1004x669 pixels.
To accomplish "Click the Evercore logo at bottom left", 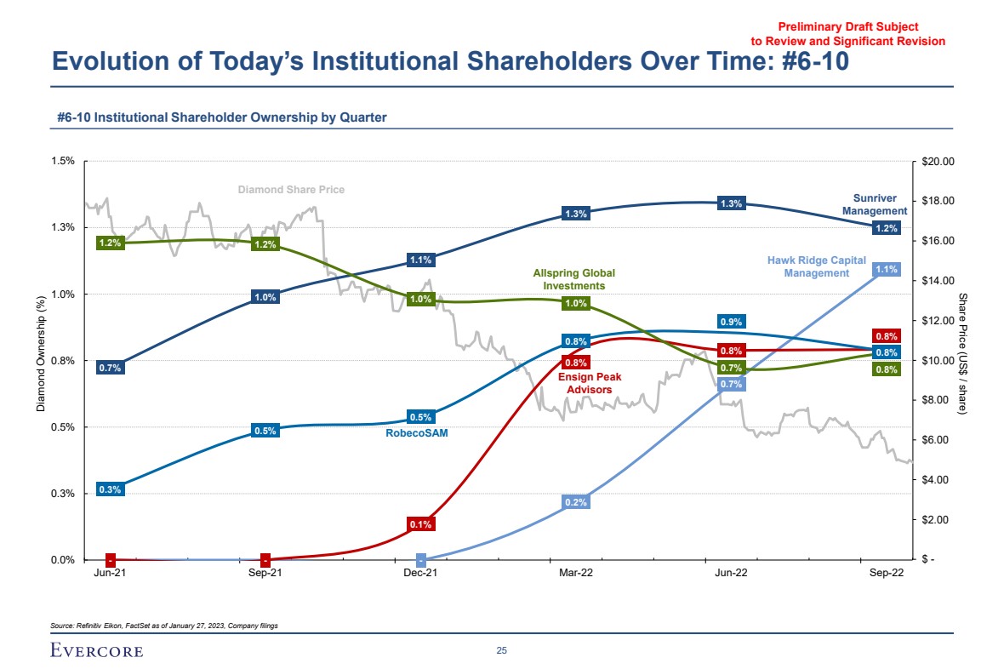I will (x=97, y=651).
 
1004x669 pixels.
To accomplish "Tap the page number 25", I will (x=502, y=651).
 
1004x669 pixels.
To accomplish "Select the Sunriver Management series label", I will (x=875, y=204).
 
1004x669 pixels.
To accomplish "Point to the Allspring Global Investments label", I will (x=573, y=279).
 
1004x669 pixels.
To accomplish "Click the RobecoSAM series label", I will (x=417, y=433).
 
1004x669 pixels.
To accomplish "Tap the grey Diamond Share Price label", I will (x=291, y=189).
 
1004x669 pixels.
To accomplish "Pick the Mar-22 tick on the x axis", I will (x=576, y=574).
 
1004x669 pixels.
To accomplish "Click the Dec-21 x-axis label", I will (x=420, y=574).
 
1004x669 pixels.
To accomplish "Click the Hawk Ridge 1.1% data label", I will (x=887, y=269).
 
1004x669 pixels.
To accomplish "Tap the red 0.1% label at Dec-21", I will (x=421, y=524).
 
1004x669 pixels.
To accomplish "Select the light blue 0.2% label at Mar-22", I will (x=576, y=502).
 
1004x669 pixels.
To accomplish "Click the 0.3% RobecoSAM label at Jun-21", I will (x=110, y=489).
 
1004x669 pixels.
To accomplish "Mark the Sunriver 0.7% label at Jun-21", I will (x=110, y=368).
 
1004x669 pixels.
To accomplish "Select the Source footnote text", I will (x=164, y=626).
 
